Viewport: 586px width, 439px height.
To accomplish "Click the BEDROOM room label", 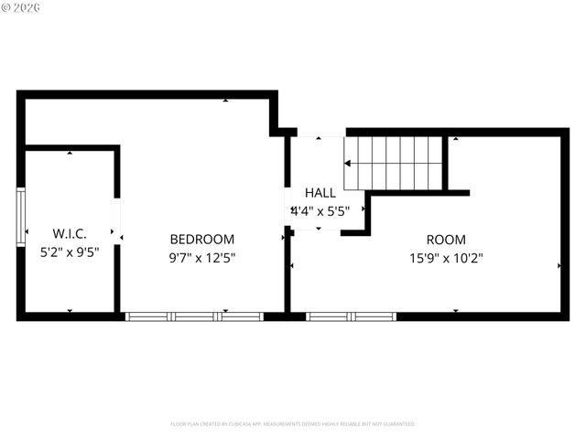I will [x=201, y=240].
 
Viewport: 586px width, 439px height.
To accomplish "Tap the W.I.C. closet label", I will [x=70, y=233].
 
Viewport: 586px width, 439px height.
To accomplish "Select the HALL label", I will [x=320, y=193].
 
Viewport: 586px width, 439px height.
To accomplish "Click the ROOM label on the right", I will [x=446, y=240].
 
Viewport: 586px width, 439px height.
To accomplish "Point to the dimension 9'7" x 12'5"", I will [x=201, y=258].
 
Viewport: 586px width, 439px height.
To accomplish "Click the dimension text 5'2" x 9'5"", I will [x=70, y=252].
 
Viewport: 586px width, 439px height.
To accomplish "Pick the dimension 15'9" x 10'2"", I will [x=446, y=258].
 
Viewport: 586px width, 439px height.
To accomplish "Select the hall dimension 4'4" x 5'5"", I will [x=320, y=210].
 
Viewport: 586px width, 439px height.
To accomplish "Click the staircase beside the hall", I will [x=394, y=163].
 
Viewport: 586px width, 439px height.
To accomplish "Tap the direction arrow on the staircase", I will [x=349, y=164].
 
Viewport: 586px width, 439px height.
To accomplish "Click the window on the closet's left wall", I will [x=20, y=216].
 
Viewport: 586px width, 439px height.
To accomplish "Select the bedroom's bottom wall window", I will [x=194, y=316].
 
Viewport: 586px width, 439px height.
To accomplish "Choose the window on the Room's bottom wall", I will [x=350, y=316].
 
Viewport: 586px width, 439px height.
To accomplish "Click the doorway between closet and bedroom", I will [x=116, y=217].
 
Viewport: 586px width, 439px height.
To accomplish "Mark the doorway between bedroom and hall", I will [x=287, y=208].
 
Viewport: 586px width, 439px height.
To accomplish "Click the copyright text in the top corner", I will [x=21, y=8].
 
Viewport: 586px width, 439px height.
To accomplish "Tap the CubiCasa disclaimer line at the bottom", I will [x=293, y=424].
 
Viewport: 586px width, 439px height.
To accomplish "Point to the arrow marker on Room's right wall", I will [x=559, y=265].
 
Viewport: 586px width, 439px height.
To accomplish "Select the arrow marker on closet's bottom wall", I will [x=70, y=311].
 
